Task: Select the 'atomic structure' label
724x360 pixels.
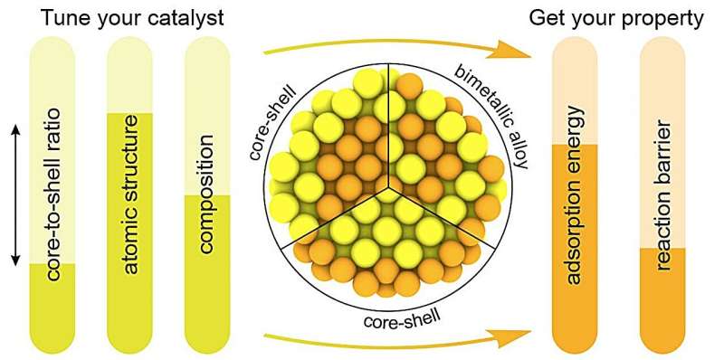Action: tap(132, 194)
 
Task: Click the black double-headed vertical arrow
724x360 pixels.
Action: tap(14, 194)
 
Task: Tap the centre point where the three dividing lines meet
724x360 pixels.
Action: tap(389, 189)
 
